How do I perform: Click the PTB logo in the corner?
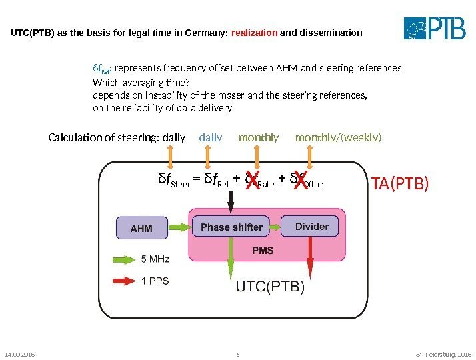[x=435, y=29]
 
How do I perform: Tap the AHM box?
[x=141, y=228]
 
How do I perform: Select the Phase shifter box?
[x=231, y=227]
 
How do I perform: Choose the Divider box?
[x=311, y=227]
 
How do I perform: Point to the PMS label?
[x=262, y=251]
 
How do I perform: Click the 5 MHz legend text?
[x=155, y=259]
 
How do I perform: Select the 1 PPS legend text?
[x=155, y=281]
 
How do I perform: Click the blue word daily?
[x=211, y=138]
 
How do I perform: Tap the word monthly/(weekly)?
[x=339, y=138]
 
